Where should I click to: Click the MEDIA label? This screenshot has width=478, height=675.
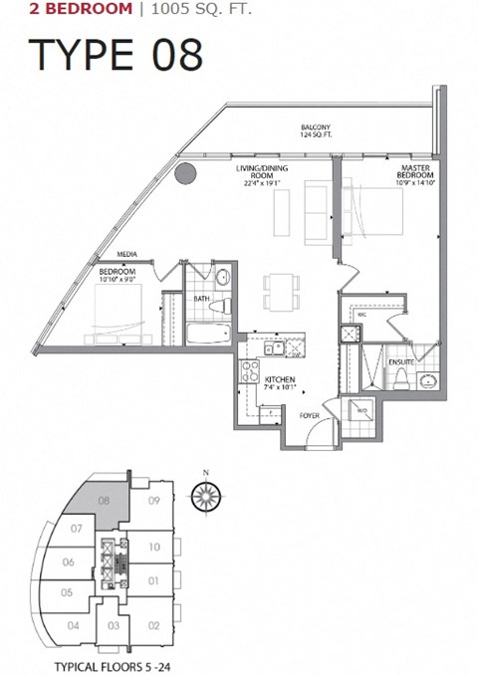(x=126, y=254)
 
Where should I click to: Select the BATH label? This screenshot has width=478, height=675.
(x=201, y=298)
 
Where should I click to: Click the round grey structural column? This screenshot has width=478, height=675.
(x=184, y=174)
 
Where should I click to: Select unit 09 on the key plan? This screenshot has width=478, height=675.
(x=153, y=501)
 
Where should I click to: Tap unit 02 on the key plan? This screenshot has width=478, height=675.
(x=153, y=625)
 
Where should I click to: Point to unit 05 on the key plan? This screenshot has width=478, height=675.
(x=67, y=593)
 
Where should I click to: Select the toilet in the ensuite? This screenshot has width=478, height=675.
(x=402, y=376)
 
